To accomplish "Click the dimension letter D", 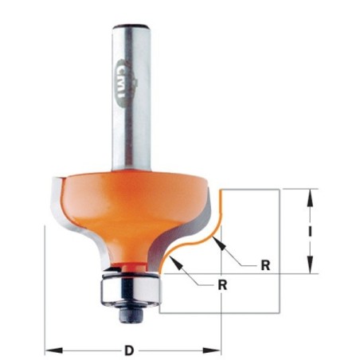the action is pyautogui.click(x=129, y=350).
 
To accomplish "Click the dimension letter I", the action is pyautogui.click(x=310, y=232).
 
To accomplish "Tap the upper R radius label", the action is pyautogui.click(x=265, y=265).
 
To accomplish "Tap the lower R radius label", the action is pyautogui.click(x=222, y=285).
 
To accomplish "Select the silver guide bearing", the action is pyautogui.click(x=131, y=290).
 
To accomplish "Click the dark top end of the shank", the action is pyautogui.click(x=131, y=26).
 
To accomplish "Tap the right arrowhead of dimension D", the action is pyautogui.click(x=212, y=350).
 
